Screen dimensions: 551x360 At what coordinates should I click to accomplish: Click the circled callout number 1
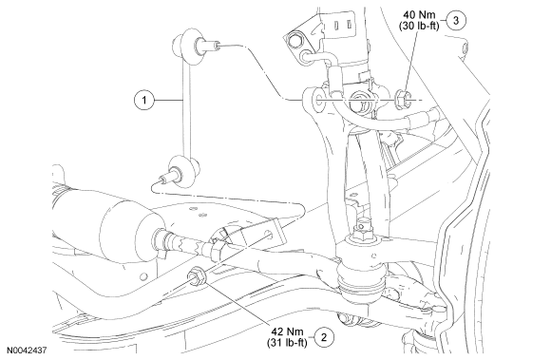[144, 101]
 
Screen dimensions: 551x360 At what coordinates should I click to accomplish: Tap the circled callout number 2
[324, 337]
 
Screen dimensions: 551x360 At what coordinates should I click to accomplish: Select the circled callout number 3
[456, 20]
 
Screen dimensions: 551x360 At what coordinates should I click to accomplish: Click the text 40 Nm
[419, 15]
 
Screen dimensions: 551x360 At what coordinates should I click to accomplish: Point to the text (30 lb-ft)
[419, 26]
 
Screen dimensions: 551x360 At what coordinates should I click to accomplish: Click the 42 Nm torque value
[288, 332]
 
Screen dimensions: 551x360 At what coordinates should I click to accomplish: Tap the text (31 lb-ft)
[287, 343]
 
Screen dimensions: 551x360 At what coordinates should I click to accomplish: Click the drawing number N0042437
[27, 351]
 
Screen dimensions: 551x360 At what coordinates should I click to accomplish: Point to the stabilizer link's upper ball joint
[189, 47]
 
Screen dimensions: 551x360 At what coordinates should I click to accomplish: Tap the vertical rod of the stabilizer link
[186, 109]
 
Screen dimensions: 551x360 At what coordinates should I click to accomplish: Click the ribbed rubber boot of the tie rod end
[361, 282]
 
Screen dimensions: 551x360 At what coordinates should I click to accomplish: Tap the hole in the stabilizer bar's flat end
[269, 235]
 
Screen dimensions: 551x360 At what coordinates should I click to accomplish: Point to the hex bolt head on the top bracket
[294, 40]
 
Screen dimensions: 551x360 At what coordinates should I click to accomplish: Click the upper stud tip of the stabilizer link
[218, 46]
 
